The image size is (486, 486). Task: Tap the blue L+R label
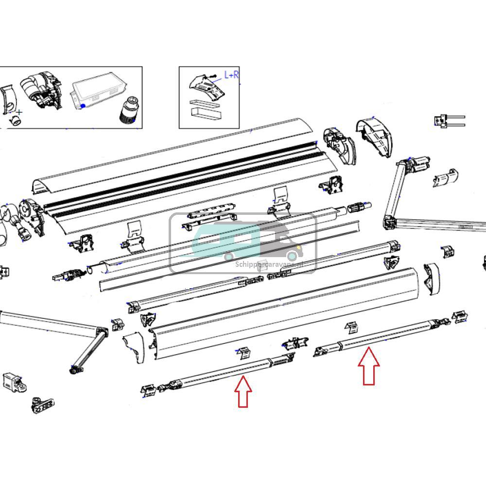tap(231, 75)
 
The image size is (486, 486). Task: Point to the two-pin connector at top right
tap(450, 121)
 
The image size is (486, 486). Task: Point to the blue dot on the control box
tap(83, 105)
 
